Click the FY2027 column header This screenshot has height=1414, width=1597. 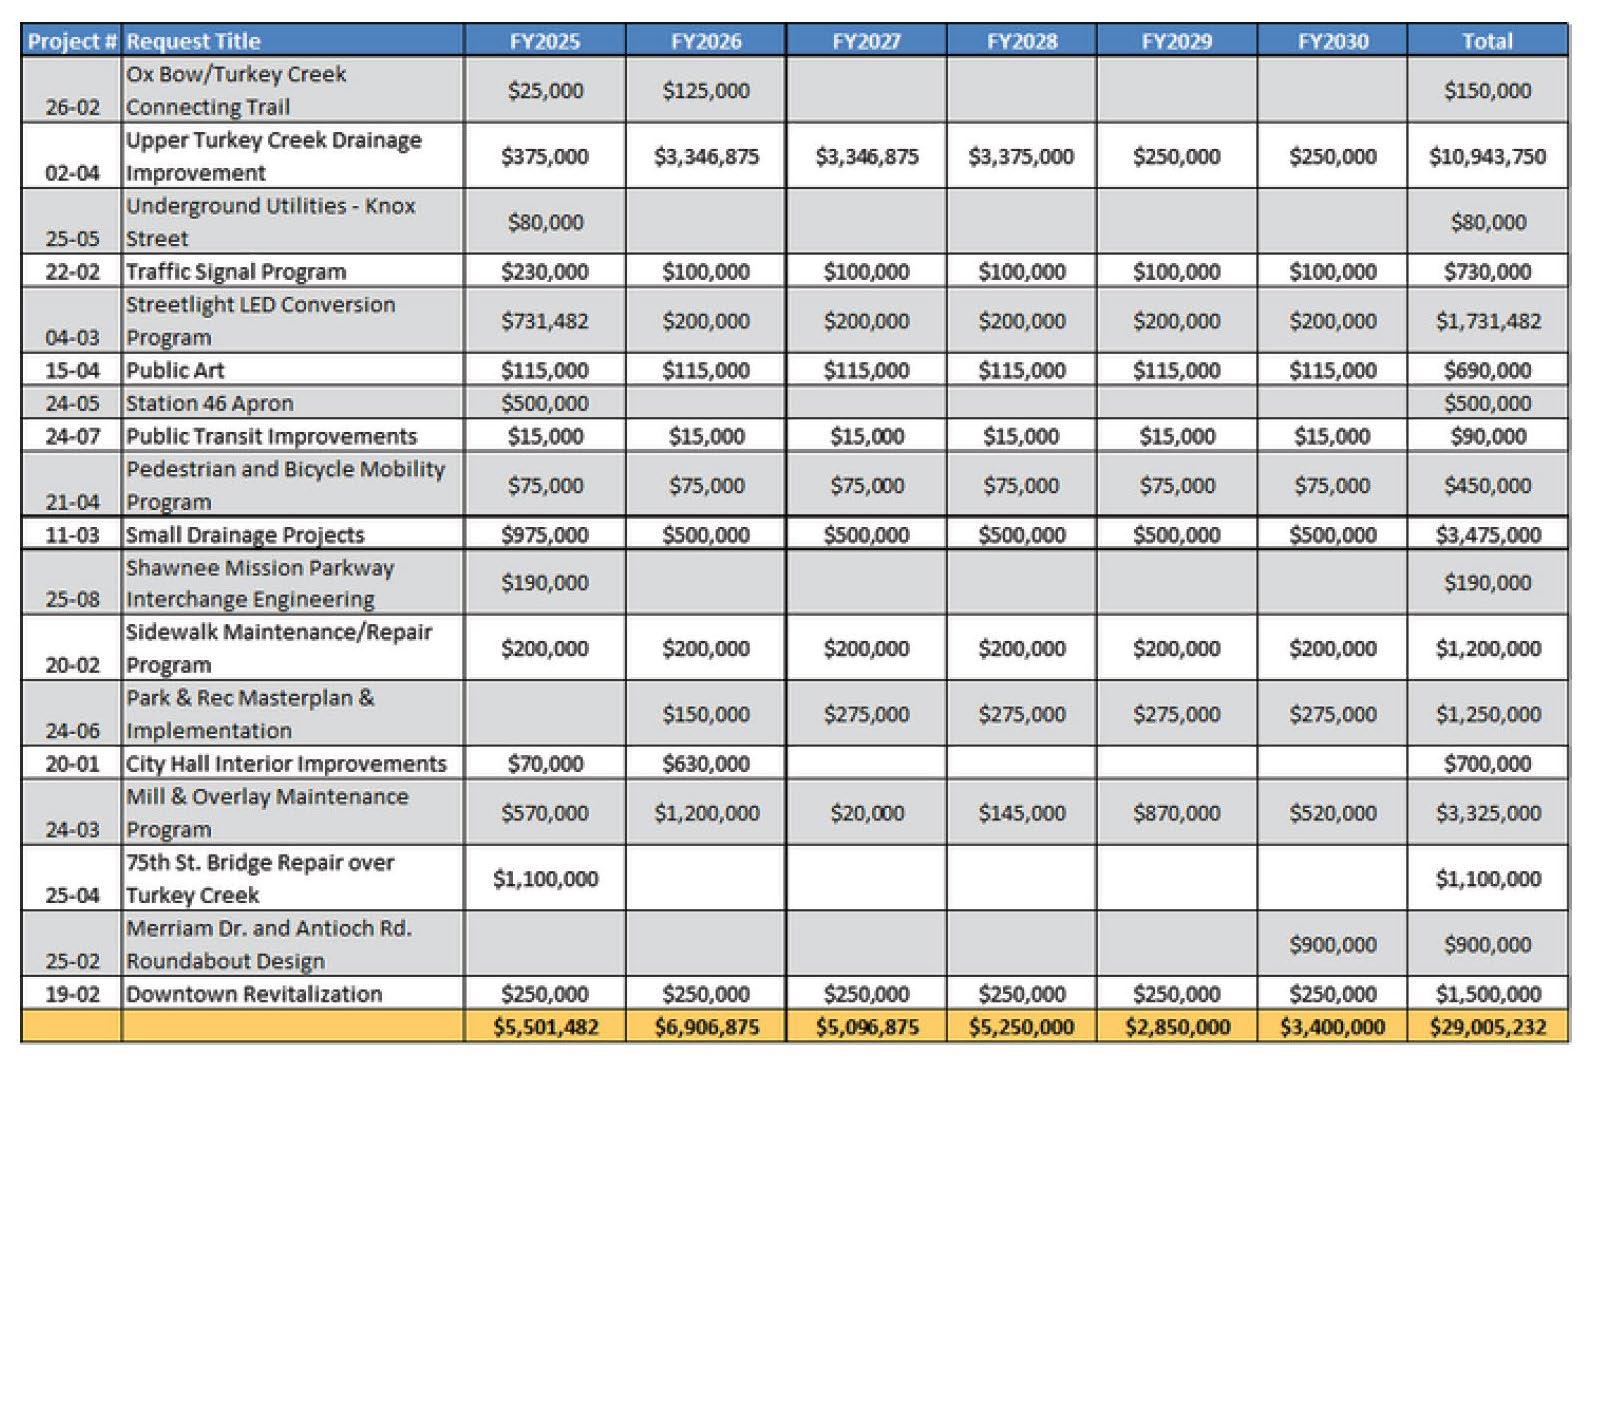coord(866,41)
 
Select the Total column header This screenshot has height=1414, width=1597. coord(1487,41)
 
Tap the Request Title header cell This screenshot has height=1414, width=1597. coord(193,41)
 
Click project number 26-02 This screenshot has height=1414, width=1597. coord(72,107)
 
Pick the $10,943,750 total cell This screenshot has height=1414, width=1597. coord(1487,156)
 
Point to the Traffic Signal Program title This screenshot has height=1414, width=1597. coord(236,271)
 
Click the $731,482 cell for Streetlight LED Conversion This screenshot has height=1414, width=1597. coord(545,321)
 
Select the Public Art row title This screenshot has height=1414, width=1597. coord(175,370)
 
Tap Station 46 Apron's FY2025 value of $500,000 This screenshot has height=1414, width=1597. coord(545,403)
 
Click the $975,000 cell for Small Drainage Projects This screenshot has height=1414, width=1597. coord(545,534)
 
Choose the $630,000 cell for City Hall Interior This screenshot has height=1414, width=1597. coord(706,763)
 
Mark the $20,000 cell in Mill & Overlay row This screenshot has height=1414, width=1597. coord(866,813)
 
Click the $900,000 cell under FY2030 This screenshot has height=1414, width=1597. coord(1332,944)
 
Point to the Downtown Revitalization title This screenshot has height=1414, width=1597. coord(254,993)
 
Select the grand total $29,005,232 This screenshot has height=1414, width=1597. coord(1487,1027)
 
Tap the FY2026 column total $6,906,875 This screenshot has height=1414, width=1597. coord(706,1027)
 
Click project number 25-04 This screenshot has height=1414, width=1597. coord(72,895)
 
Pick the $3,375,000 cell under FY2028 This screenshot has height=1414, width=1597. coord(1021,156)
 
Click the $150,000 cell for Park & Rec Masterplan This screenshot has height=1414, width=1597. coord(706,714)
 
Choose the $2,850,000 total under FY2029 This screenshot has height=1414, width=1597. coord(1177,1027)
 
